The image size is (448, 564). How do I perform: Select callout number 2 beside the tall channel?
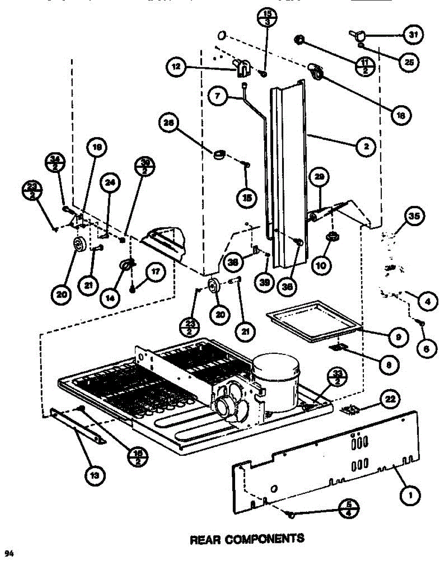(x=365, y=147)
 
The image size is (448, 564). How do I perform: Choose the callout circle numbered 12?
(x=176, y=67)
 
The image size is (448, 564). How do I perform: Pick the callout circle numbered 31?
(x=412, y=34)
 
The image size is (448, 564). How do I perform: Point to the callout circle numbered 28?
(x=168, y=124)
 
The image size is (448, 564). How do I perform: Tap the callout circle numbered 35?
(x=413, y=217)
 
